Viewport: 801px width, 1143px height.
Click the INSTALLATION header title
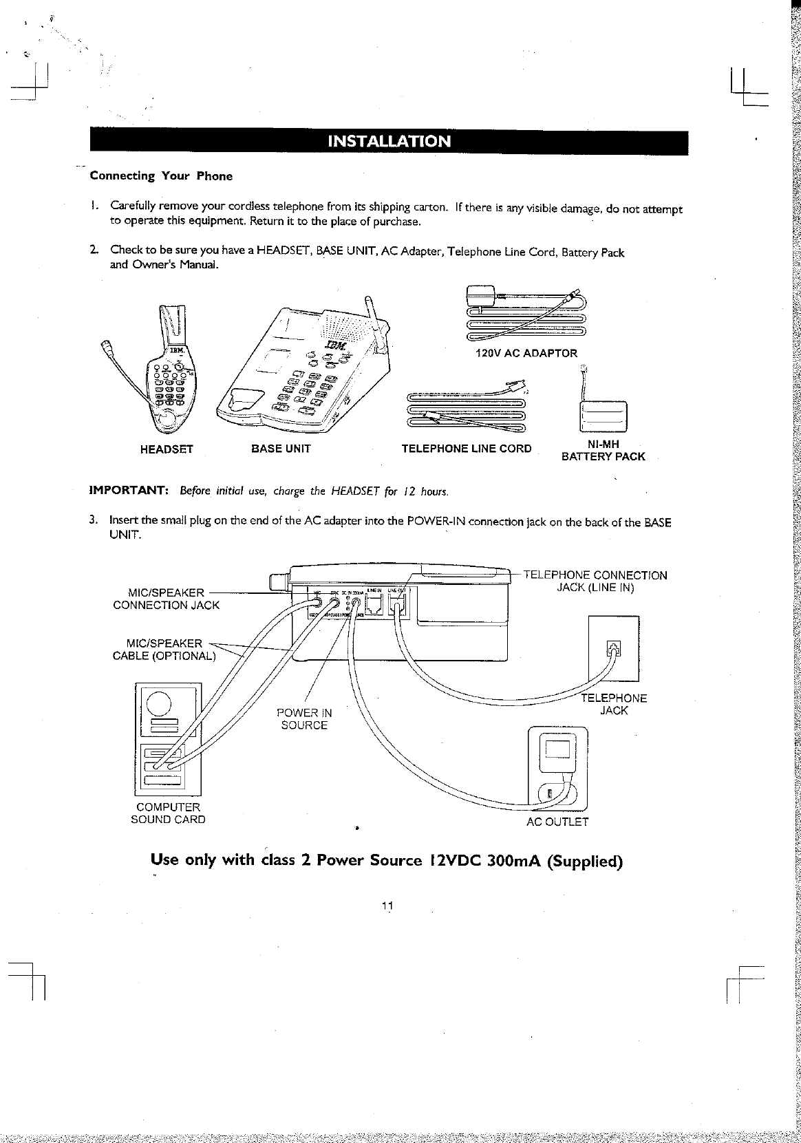click(389, 142)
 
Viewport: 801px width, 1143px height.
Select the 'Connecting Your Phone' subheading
click(161, 176)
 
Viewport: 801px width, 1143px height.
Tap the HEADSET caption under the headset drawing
click(167, 449)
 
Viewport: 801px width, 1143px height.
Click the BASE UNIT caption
click(281, 449)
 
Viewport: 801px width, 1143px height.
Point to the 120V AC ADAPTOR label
click(526, 353)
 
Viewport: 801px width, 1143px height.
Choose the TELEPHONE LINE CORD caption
click(466, 449)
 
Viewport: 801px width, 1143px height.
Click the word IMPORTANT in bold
click(129, 491)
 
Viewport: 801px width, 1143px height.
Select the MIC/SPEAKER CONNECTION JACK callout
click(166, 599)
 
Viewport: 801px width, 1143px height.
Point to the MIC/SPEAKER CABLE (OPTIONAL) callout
click(164, 649)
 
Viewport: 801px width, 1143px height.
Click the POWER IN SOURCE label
click(303, 719)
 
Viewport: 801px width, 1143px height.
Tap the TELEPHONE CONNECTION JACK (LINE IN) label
click(595, 581)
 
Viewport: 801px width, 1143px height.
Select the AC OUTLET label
click(557, 822)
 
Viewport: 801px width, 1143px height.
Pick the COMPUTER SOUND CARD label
click(168, 813)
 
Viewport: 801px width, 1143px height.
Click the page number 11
click(387, 905)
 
